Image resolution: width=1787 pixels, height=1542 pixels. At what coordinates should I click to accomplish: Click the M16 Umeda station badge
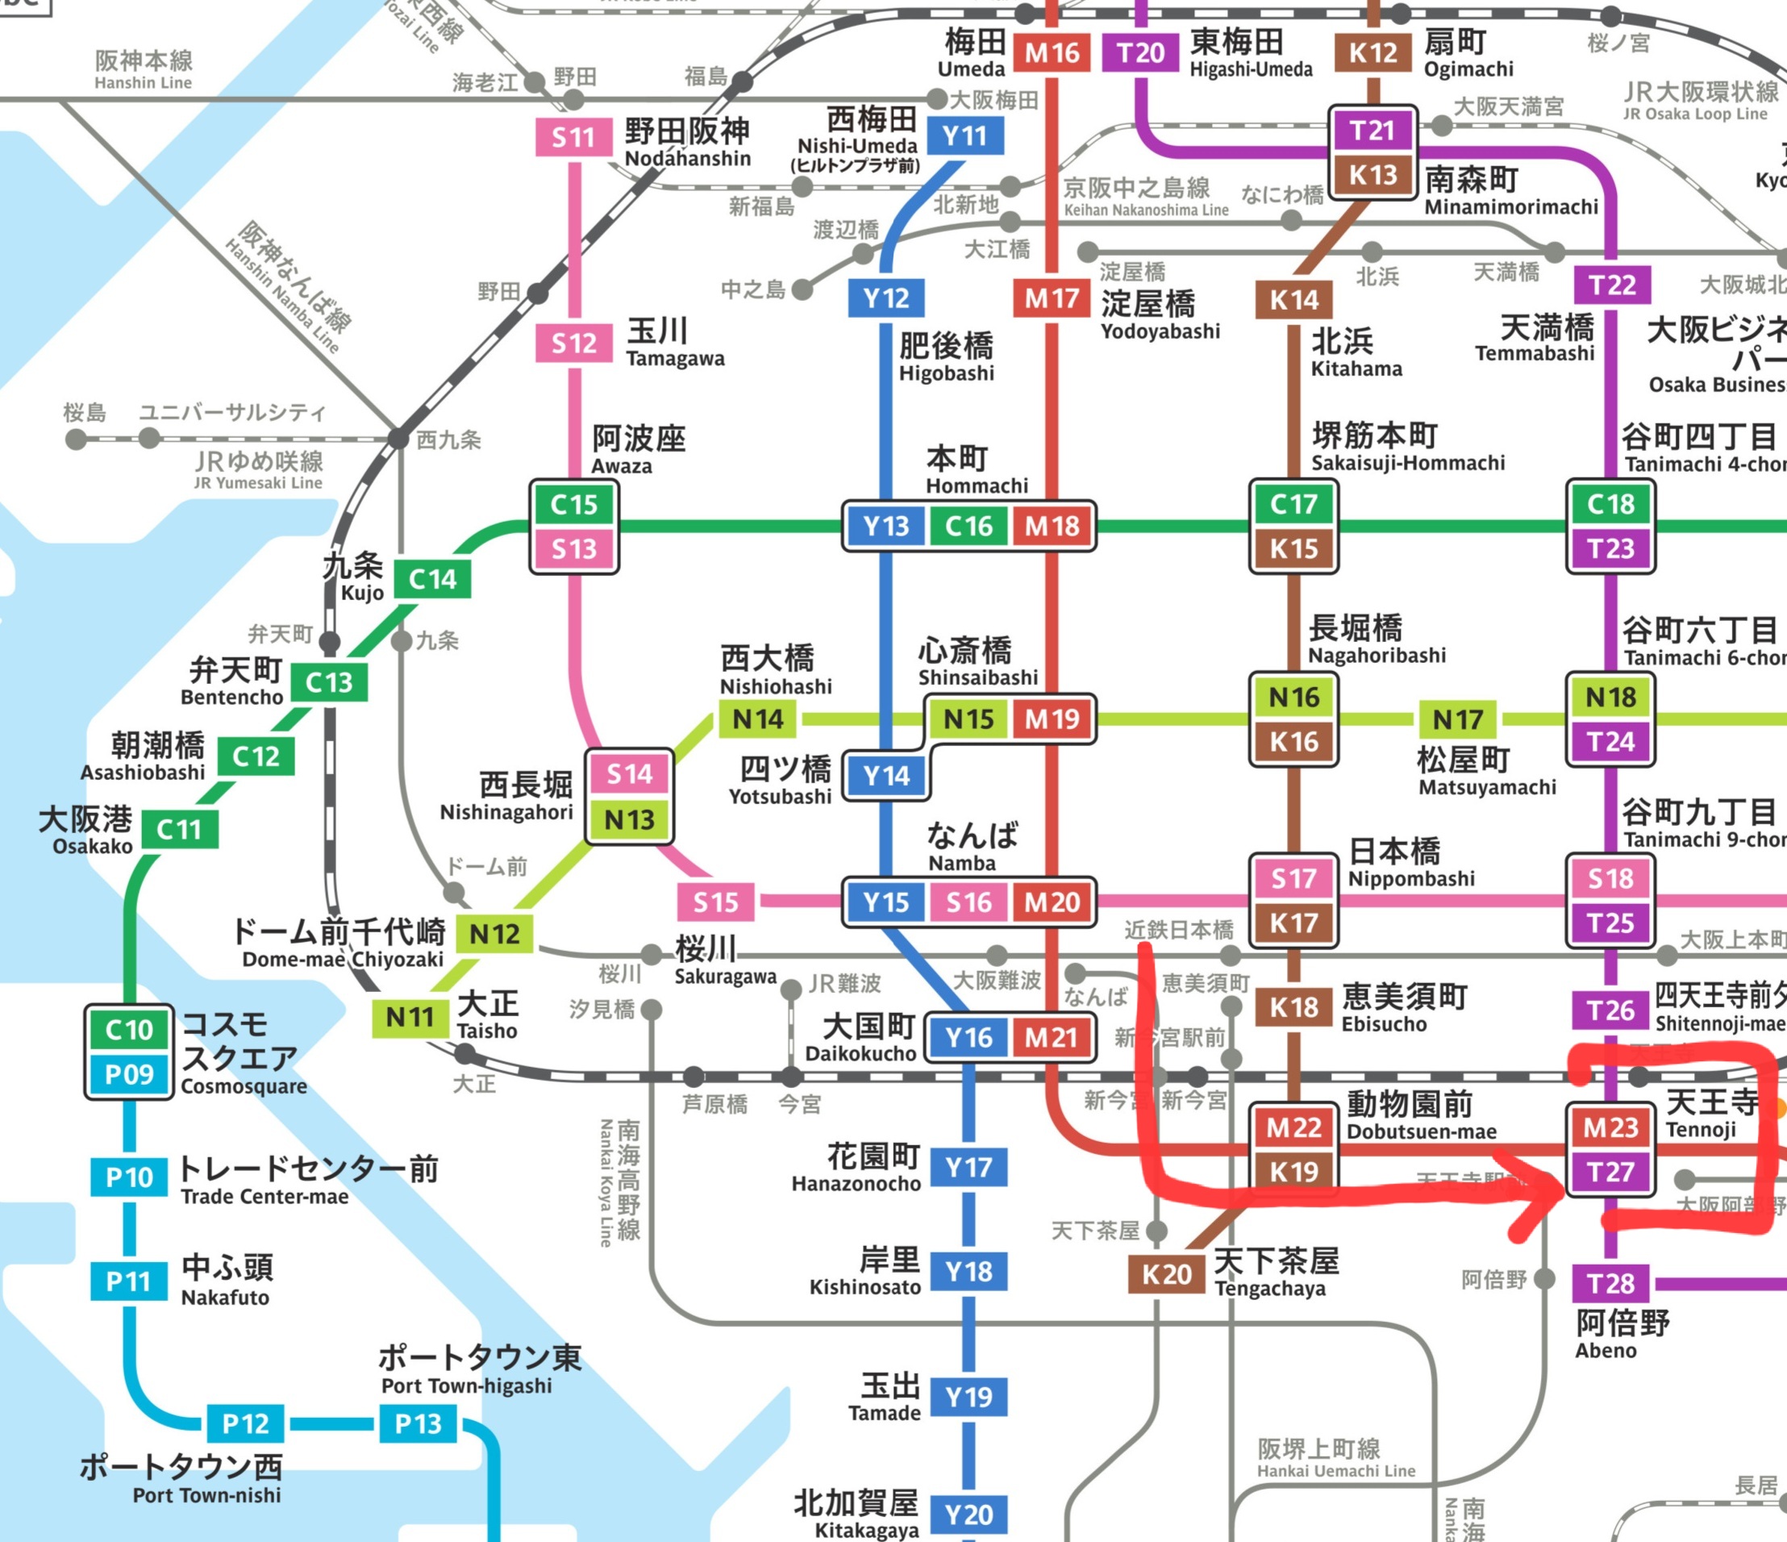point(1052,53)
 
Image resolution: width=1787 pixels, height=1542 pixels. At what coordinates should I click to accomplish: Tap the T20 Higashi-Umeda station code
point(1140,53)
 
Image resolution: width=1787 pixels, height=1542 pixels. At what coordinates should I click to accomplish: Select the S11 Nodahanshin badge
point(573,137)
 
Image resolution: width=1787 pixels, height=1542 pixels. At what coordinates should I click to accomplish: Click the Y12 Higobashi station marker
point(885,298)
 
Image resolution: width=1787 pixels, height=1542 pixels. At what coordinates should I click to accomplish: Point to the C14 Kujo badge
point(432,580)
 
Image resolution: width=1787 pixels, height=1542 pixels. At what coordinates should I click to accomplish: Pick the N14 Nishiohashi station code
point(757,719)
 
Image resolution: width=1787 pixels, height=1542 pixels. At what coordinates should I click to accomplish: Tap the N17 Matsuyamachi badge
point(1457,719)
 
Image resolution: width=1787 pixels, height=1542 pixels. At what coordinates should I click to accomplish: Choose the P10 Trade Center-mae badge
point(128,1177)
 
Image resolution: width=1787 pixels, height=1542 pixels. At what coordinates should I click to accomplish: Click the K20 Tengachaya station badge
point(1166,1273)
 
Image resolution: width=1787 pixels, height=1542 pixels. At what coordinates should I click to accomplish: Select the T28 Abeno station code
point(1610,1283)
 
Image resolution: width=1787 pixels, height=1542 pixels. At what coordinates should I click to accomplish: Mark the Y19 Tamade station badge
point(968,1396)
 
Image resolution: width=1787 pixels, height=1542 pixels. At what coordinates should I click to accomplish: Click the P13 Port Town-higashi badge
point(418,1423)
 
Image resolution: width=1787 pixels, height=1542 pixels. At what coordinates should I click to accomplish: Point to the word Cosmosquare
point(244,1086)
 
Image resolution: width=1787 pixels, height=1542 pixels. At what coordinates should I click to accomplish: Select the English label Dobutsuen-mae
point(1422,1131)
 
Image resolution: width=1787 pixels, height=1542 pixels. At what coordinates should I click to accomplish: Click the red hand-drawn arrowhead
point(1543,1194)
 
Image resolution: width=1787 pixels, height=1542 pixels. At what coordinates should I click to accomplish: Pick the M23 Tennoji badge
point(1610,1127)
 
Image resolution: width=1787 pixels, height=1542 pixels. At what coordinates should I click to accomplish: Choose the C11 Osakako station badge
point(179,830)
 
